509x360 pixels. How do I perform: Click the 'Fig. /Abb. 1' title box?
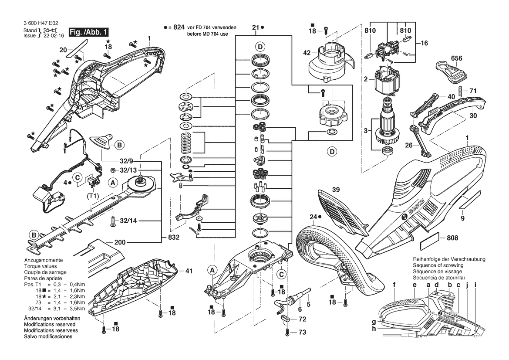(89, 32)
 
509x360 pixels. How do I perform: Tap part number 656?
(456, 58)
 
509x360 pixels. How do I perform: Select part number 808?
(452, 238)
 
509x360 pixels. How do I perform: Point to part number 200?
(120, 242)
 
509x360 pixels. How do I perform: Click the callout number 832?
(174, 238)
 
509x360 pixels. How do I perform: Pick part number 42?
(307, 53)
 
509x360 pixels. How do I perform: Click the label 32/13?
(128, 170)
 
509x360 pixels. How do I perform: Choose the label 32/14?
(128, 221)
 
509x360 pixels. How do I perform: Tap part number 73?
(302, 332)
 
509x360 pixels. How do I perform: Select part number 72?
(302, 319)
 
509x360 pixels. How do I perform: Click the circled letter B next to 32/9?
(119, 145)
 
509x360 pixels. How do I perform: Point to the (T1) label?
(93, 196)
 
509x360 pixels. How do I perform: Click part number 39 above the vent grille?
(336, 190)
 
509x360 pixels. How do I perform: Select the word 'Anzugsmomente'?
(44, 260)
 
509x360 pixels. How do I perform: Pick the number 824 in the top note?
(179, 27)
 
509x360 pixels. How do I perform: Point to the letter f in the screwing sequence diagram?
(394, 285)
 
